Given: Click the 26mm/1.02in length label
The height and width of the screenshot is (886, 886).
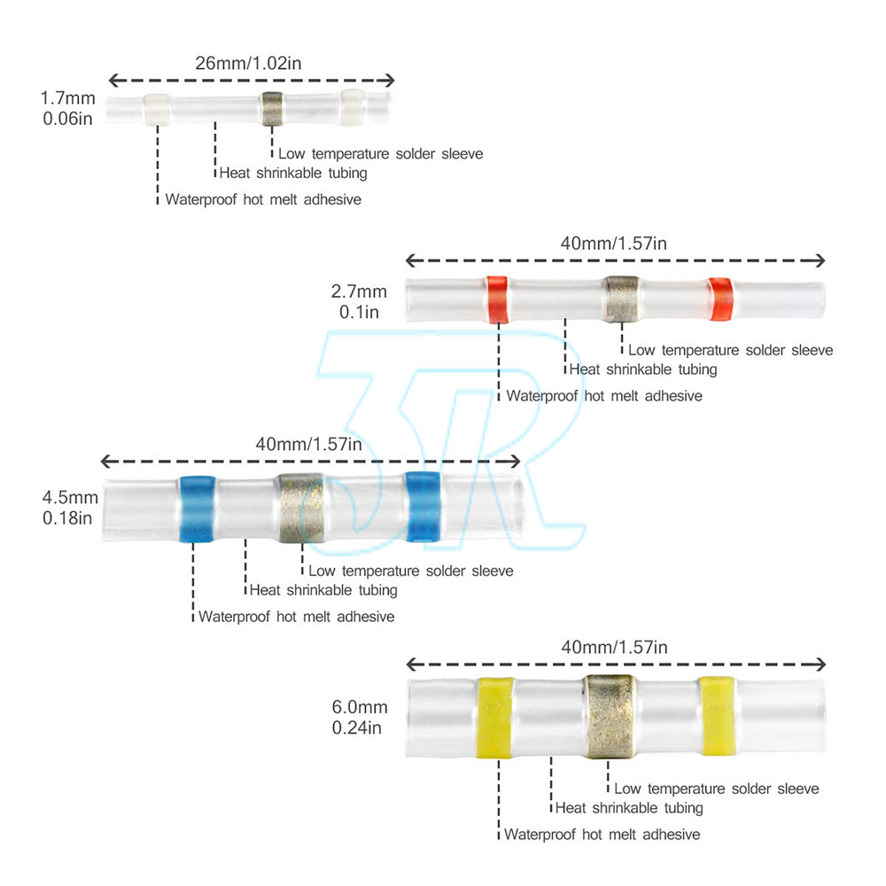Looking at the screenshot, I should (x=251, y=63).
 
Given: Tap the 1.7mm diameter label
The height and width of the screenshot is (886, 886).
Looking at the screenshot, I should (x=67, y=97).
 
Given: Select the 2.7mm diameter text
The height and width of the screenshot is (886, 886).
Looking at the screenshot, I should (x=359, y=291).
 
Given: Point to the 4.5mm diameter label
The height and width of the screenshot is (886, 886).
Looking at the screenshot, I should (x=67, y=497).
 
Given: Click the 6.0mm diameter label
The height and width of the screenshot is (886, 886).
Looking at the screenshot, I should (x=359, y=707).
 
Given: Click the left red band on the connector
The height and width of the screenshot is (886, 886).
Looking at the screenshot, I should (x=497, y=299).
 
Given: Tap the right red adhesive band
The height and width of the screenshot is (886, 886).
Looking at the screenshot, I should (x=720, y=299).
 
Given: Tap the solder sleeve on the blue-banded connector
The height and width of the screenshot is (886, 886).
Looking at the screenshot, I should (x=300, y=507).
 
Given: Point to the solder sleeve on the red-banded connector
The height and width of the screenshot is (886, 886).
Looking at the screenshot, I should (x=622, y=298).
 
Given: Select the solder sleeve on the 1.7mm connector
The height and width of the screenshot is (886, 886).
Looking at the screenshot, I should (x=271, y=108).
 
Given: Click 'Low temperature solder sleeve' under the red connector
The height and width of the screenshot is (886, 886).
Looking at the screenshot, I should (x=730, y=350).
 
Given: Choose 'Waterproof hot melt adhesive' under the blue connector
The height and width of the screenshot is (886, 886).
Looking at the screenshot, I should (x=296, y=617).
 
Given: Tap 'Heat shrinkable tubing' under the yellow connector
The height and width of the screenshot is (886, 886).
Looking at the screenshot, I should (x=628, y=807).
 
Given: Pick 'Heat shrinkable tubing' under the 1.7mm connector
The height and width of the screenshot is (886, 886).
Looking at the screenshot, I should (x=292, y=173).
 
